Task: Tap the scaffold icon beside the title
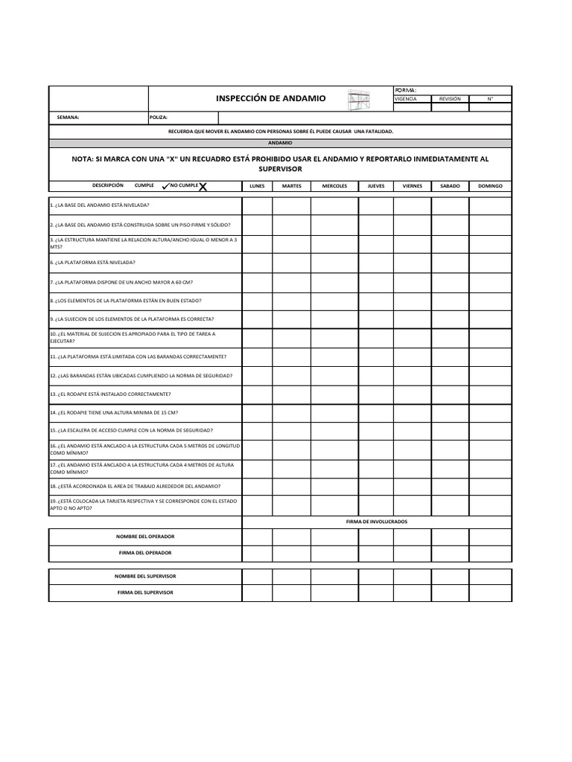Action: pos(358,100)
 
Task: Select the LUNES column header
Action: pos(257,186)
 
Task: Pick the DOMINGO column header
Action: pos(490,186)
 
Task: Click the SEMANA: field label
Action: pos(68,118)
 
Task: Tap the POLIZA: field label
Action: pos(159,118)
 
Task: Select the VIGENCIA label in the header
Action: pos(406,98)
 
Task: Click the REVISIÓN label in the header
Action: pos(450,98)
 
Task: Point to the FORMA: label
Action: pos(406,89)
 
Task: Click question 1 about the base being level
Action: pos(100,205)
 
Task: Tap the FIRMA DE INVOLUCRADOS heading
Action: pos(377,522)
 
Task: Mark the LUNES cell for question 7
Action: pos(257,283)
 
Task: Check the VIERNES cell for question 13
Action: pos(412,394)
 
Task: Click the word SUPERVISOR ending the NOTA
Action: pos(279,169)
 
